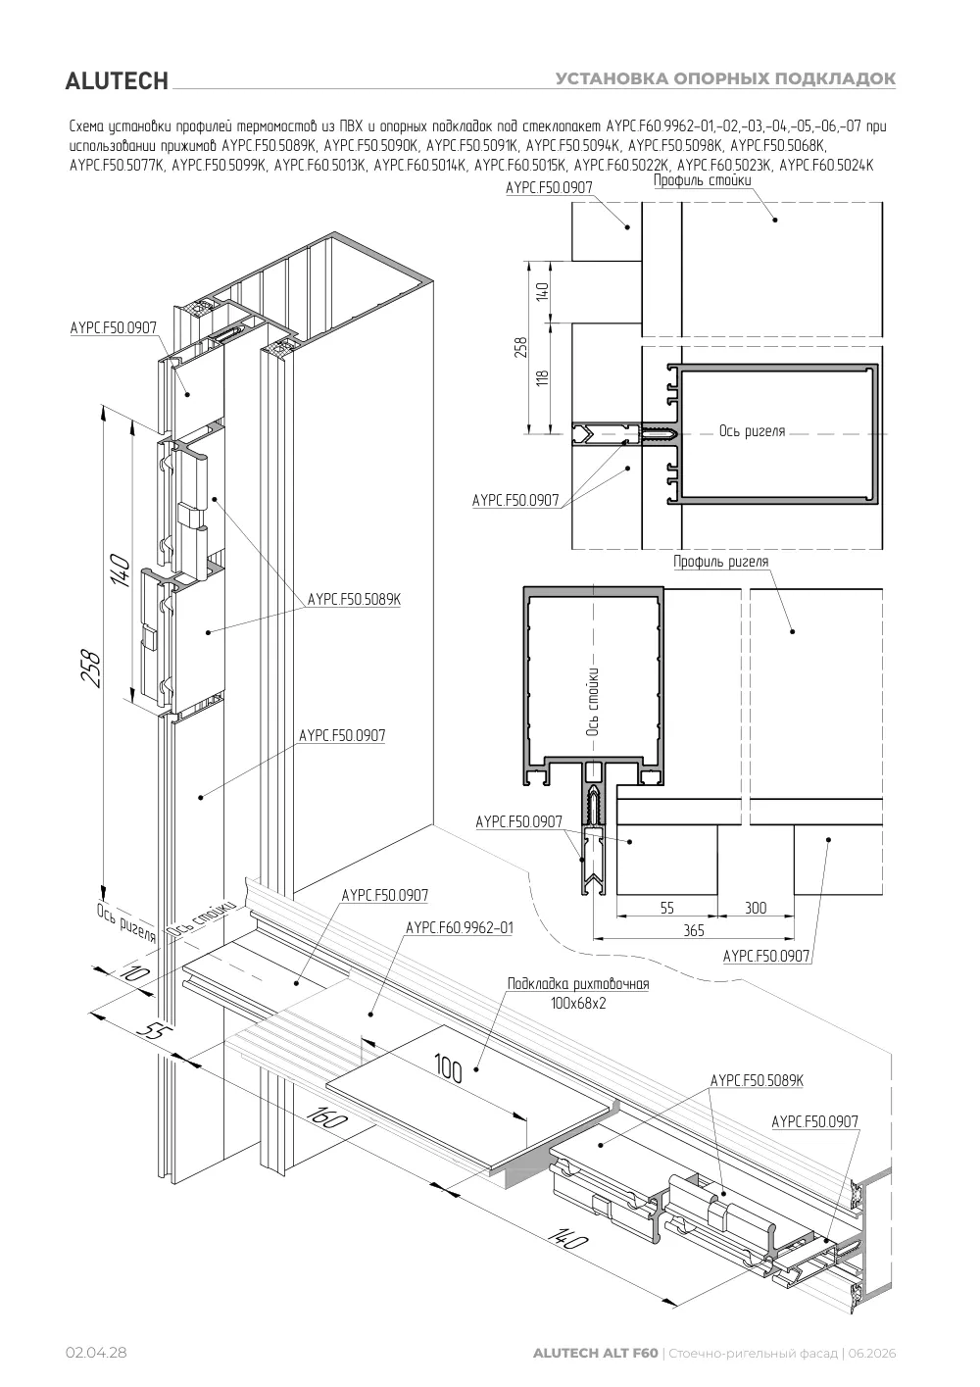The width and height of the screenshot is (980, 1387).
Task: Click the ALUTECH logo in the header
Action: pyautogui.click(x=117, y=81)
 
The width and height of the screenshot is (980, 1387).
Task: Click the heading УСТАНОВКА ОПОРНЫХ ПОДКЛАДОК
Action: pyautogui.click(x=725, y=78)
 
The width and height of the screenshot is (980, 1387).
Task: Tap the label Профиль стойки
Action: pyautogui.click(x=703, y=180)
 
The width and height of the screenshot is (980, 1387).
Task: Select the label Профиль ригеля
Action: pyautogui.click(x=720, y=562)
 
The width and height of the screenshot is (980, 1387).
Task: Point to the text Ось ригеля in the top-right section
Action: pyautogui.click(x=752, y=431)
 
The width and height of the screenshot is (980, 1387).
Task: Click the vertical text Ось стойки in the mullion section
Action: pyautogui.click(x=592, y=701)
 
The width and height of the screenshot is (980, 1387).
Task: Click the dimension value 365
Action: pyautogui.click(x=694, y=930)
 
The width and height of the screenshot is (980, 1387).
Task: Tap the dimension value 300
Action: pyautogui.click(x=756, y=908)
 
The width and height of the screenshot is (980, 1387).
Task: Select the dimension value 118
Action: pyautogui.click(x=542, y=378)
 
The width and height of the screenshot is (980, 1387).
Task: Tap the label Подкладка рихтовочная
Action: pyautogui.click(x=578, y=983)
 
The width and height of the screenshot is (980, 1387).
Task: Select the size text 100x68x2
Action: pyautogui.click(x=578, y=1003)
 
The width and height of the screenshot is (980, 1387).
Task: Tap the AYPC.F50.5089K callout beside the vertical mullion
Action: pyautogui.click(x=354, y=599)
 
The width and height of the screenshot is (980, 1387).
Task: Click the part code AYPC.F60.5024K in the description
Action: pyautogui.click(x=826, y=166)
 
